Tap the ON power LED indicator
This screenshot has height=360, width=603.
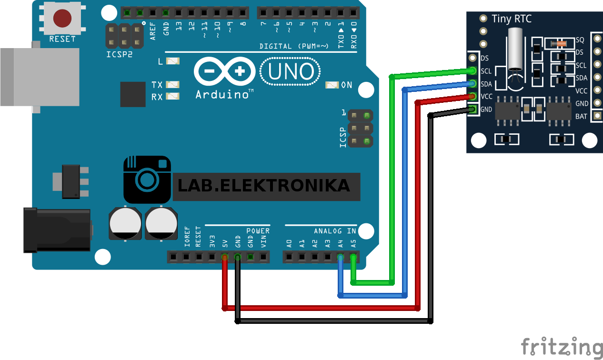coord(332,85)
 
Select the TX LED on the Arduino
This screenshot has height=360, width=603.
coord(173,85)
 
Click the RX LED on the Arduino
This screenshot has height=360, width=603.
coord(173,97)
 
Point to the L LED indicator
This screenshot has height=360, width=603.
coord(173,61)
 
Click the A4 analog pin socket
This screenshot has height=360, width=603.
coord(340,258)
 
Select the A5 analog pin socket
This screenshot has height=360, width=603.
coord(353,258)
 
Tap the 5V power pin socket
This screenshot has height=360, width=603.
coord(224,258)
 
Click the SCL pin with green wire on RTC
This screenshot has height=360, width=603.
coord(472,71)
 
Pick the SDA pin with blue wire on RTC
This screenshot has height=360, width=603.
coord(472,84)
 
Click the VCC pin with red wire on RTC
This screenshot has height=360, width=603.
coord(472,97)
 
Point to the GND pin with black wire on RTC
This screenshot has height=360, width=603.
coord(472,110)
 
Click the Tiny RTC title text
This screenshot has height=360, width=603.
coord(511,19)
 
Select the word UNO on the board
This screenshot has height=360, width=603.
coord(291,72)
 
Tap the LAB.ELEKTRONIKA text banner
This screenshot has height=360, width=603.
coord(263,186)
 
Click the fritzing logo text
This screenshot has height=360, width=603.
coord(561,346)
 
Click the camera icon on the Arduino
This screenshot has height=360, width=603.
coord(147,180)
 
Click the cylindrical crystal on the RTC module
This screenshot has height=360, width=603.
coord(515,49)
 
